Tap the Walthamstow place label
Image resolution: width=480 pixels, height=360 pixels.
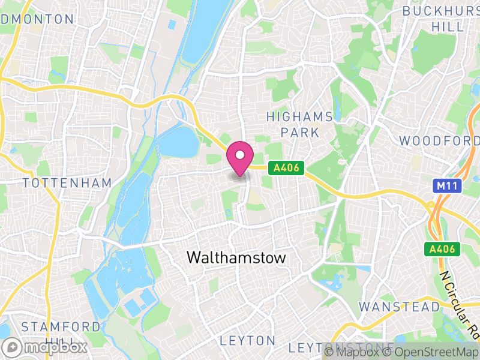coord(236,257)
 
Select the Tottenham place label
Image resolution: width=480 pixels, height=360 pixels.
coord(67,182)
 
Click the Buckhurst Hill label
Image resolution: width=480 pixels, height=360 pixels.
coord(441,19)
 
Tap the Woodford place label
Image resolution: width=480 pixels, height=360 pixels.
coord(439,140)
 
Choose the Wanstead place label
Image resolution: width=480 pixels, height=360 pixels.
coord(399,307)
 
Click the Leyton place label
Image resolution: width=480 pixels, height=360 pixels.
coord(247,341)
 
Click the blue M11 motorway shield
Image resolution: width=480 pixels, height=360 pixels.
coord(447,186)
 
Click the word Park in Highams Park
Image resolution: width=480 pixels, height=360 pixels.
coord(299,132)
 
